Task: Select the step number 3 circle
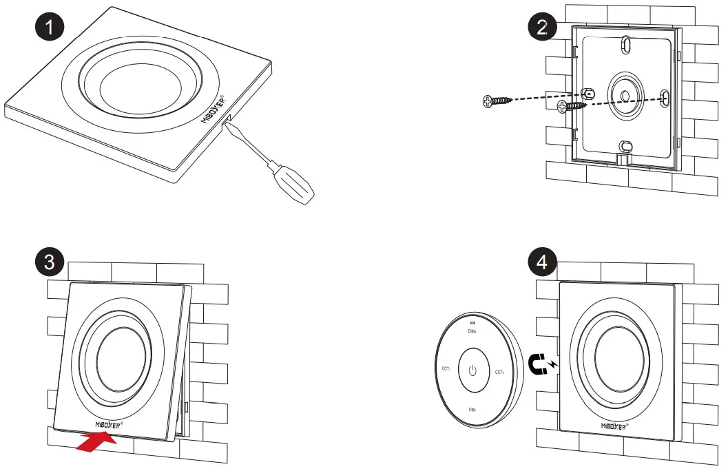click(50, 262)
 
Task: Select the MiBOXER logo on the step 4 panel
click(614, 426)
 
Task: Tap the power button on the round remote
click(472, 370)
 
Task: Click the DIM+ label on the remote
click(472, 331)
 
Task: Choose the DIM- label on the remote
click(472, 410)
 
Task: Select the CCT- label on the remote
click(446, 369)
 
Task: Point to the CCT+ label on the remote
click(501, 372)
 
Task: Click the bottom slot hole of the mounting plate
click(624, 146)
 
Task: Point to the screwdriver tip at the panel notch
click(227, 121)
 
